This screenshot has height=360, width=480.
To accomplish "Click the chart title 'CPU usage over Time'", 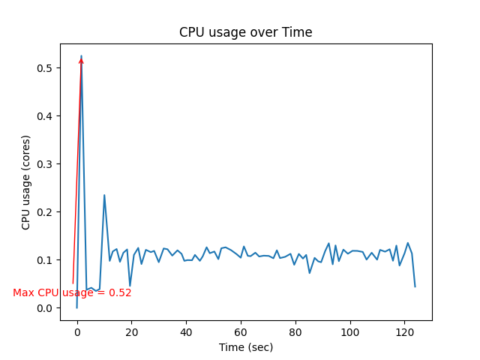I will coord(245,32).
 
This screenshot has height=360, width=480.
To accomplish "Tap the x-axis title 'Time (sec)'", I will coord(245,347).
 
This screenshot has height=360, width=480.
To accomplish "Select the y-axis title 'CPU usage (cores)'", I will coord(26,182).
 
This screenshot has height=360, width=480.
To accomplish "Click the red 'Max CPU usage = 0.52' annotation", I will coord(72,292).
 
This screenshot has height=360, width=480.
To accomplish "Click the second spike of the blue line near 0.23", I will coord(104,195).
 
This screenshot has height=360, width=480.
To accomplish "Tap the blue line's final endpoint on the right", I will coord(415,286).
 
